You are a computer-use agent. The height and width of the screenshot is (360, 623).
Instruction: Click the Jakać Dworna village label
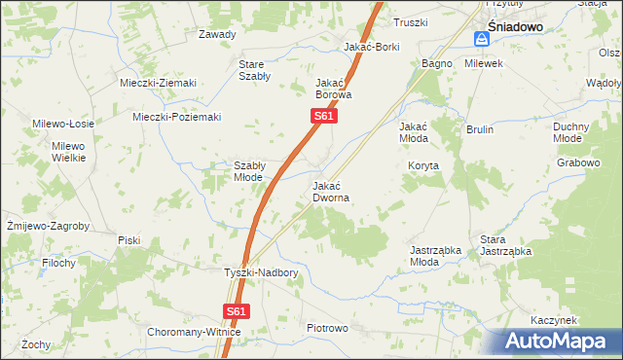tap(331, 191)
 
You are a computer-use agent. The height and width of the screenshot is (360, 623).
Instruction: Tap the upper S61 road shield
tap(324, 117)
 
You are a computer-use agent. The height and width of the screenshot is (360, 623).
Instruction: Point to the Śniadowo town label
tap(515, 27)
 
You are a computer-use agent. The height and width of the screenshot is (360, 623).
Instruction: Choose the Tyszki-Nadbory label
tap(261, 273)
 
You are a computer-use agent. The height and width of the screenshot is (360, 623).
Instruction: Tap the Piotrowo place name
tap(326, 328)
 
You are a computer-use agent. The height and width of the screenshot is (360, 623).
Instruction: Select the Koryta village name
tap(424, 165)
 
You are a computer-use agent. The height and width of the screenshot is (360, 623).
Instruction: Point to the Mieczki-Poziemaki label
tap(176, 117)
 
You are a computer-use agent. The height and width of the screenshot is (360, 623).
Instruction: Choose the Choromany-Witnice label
tap(194, 332)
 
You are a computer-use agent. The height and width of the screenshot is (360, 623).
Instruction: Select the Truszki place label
tap(410, 22)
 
